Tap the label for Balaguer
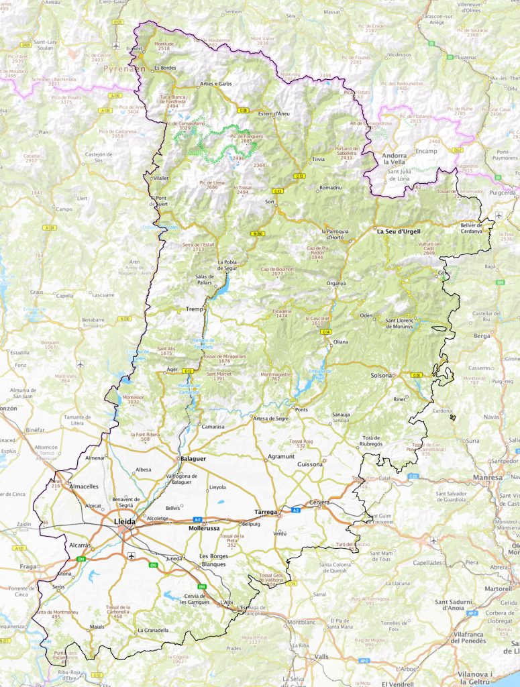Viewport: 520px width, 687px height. tap(193, 458)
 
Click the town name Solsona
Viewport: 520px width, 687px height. tap(382, 375)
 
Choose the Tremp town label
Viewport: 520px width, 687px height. tap(195, 309)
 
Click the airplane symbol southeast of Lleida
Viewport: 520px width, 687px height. tap(131, 555)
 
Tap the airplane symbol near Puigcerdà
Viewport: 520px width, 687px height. tap(499, 215)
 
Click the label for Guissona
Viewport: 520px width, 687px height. tap(310, 464)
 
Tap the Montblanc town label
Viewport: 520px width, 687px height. tap(301, 622)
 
